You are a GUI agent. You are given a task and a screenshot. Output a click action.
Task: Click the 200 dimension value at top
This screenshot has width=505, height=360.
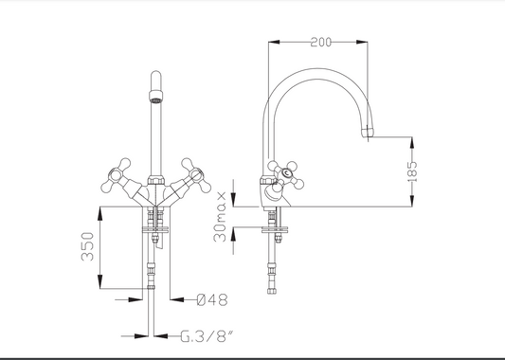tap(321, 43)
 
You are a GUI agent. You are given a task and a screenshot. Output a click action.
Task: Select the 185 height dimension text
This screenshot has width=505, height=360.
tap(412, 171)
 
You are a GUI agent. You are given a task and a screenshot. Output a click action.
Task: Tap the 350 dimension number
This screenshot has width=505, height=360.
tap(87, 246)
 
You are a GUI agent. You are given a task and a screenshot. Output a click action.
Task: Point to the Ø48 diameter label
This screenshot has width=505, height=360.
tap(212, 299)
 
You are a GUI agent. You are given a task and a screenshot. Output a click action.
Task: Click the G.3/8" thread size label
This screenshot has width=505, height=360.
tap(207, 336)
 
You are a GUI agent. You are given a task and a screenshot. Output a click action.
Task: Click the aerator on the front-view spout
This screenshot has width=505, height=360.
tap(156, 97)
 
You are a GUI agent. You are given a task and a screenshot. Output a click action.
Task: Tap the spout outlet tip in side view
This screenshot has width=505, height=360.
tap(368, 133)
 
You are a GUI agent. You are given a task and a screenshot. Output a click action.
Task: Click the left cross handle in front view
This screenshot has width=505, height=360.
tap(118, 176)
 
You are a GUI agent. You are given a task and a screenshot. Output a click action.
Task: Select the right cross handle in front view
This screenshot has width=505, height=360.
tap(193, 176)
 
